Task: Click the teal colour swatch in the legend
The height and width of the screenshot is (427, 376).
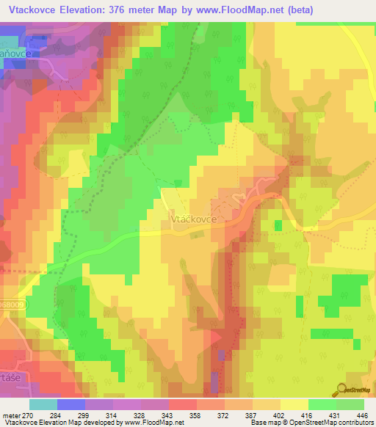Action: (x=43, y=404)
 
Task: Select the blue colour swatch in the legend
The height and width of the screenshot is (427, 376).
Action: (x=70, y=404)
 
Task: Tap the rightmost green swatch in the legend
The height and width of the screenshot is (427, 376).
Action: (x=350, y=404)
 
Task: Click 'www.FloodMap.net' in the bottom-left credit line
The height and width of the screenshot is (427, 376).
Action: (x=151, y=423)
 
